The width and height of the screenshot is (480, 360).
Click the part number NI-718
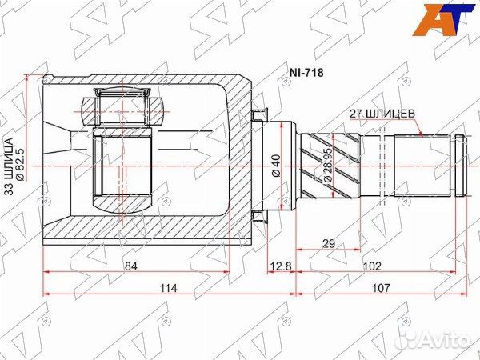306,73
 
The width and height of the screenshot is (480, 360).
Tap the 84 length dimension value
131,266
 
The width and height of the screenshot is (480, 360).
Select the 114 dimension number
168,288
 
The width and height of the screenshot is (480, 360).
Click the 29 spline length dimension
329,244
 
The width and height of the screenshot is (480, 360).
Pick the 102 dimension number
372,266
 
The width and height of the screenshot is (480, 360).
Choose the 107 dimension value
381,288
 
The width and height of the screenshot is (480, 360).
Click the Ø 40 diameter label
276,166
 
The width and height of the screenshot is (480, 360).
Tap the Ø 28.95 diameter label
327,166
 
